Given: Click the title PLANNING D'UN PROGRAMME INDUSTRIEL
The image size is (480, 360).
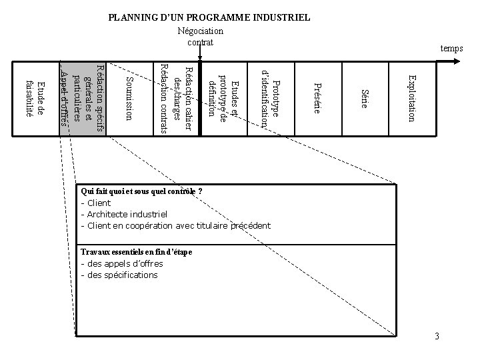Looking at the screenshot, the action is tap(209, 17).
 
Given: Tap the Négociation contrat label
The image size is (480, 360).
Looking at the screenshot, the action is tap(200, 37).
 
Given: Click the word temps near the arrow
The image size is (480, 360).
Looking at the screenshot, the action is tap(451, 49).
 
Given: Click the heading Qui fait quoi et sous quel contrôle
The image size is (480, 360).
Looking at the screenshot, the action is tap(141, 191).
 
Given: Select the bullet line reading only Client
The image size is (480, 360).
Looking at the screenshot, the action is tap(97, 203).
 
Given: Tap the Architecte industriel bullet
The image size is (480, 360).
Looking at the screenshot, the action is tap(123, 214).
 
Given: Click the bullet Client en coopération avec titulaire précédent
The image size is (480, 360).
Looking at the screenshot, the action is tap(175, 225).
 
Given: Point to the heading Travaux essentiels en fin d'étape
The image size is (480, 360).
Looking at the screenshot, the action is tap(136, 252).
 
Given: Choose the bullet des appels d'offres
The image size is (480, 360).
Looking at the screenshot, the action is tap(121, 263).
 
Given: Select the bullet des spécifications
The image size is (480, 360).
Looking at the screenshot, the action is tap(119, 275).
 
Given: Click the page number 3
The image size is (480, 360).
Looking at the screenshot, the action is tap(437, 335).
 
